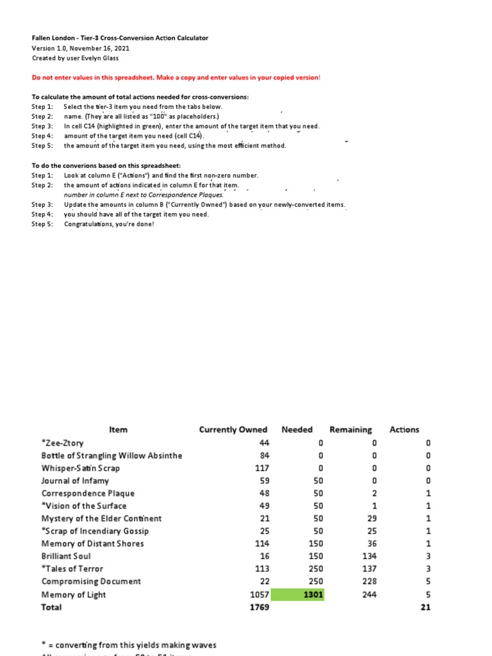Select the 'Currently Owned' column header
(x=233, y=430)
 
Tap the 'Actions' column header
(x=404, y=430)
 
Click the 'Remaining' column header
(x=350, y=430)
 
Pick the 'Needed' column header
(x=297, y=430)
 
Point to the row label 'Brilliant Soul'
(x=66, y=557)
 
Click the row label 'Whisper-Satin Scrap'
(x=80, y=468)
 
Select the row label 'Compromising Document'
(x=90, y=582)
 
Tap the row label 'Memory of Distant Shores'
(x=92, y=544)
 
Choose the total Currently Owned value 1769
(x=258, y=607)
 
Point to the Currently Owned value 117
(x=261, y=468)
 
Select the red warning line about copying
(x=176, y=78)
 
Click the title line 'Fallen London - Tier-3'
(x=120, y=38)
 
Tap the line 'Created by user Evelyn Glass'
(x=79, y=58)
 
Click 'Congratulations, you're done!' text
(x=109, y=224)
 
